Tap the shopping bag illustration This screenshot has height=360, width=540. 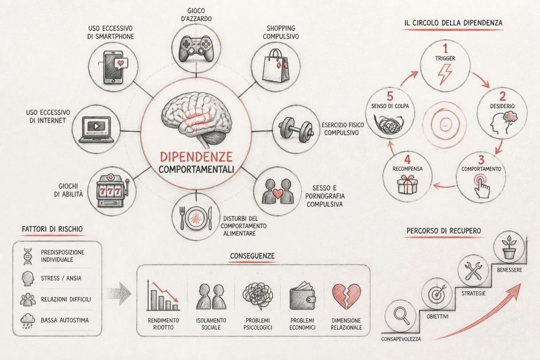(275, 66)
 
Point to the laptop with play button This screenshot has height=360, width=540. (97, 129)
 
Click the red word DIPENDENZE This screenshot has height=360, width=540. (196, 157)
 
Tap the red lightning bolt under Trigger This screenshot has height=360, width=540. (444, 74)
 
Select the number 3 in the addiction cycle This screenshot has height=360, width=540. (481, 160)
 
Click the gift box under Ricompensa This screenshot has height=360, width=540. (407, 184)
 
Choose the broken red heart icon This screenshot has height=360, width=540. (346, 297)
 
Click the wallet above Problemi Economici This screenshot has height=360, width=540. (303, 296)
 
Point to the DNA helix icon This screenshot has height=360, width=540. (28, 257)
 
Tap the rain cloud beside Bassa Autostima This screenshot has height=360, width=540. (28, 321)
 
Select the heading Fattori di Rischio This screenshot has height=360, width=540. (52, 229)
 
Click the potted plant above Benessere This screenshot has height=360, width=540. (509, 247)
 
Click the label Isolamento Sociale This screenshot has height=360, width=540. (211, 324)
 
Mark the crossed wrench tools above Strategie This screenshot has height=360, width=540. (473, 271)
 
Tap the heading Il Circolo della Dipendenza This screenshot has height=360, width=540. (453, 23)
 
